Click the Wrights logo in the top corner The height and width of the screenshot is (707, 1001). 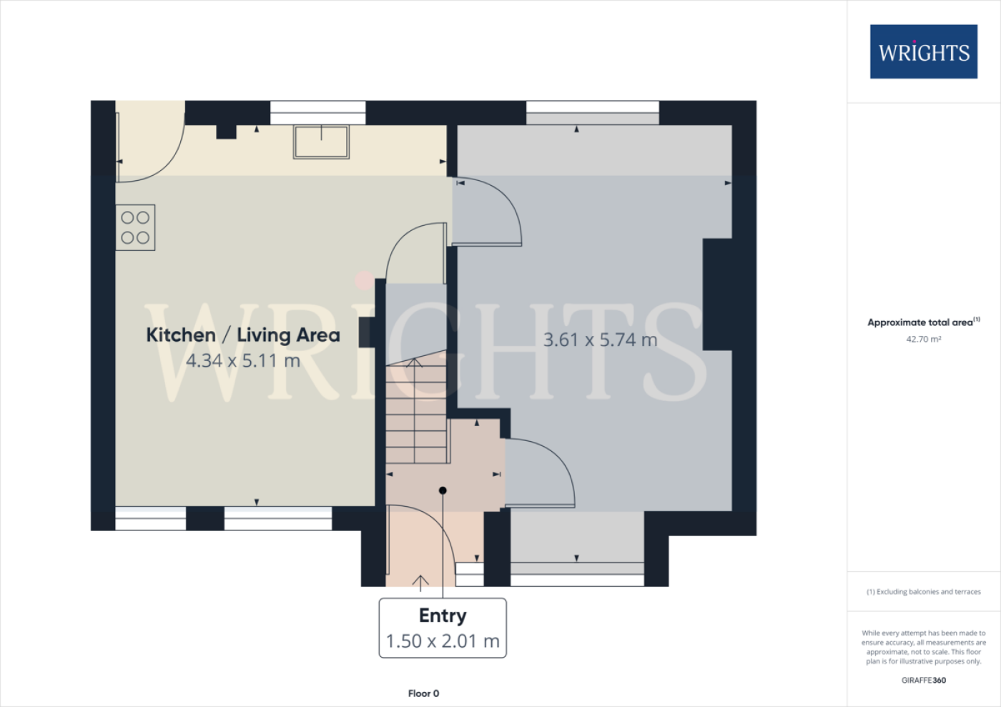[x=923, y=51]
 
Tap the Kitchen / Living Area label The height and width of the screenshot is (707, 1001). [x=243, y=335]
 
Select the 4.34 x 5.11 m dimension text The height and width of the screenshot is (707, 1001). [x=242, y=361]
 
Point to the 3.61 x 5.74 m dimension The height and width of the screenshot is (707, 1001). [x=600, y=340]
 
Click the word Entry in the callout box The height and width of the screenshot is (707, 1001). [x=443, y=615]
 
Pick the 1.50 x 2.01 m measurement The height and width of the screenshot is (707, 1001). [x=443, y=641]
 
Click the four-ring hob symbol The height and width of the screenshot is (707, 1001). [x=135, y=227]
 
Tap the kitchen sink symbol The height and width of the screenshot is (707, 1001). [x=321, y=142]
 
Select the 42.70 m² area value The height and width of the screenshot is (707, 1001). [x=924, y=339]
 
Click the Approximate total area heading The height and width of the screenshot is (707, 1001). [x=924, y=322]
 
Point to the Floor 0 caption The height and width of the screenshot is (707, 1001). [x=423, y=693]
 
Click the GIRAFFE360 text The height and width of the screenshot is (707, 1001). [x=924, y=680]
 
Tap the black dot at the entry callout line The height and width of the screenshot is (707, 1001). [x=443, y=490]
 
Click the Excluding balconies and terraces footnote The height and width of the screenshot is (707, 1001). [x=924, y=592]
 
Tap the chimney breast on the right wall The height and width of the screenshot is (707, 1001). [x=717, y=295]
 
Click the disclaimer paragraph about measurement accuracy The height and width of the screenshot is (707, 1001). [x=924, y=647]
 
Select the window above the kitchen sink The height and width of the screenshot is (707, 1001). [x=317, y=113]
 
